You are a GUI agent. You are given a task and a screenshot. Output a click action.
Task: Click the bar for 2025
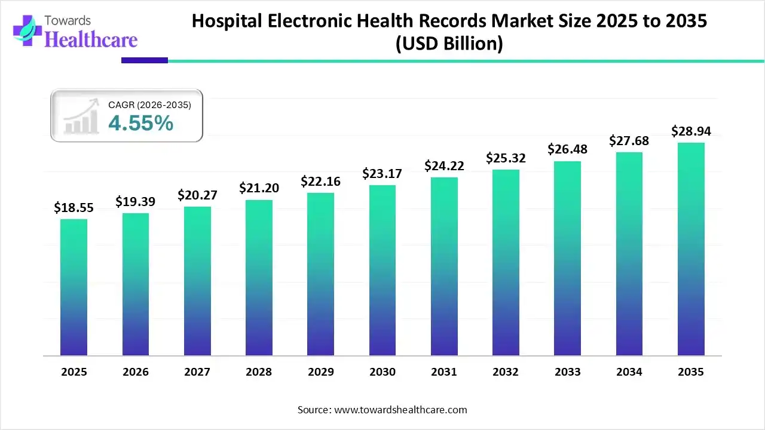click(x=74, y=287)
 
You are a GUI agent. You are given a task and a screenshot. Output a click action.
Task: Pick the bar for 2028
click(x=259, y=278)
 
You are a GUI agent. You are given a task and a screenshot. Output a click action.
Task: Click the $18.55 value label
click(x=74, y=207)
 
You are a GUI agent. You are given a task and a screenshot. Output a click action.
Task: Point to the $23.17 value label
click(x=382, y=174)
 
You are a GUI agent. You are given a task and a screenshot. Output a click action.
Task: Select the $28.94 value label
click(x=691, y=131)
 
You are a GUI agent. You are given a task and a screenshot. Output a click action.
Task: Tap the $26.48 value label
click(x=567, y=149)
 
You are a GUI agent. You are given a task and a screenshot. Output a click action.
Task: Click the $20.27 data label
click(x=197, y=195)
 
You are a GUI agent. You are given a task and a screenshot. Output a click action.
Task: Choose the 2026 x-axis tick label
click(x=135, y=372)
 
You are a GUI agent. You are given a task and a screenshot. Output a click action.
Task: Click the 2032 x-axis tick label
click(x=506, y=372)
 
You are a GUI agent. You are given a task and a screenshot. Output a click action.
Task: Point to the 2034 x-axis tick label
click(x=629, y=372)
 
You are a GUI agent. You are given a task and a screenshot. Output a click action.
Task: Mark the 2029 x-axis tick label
click(x=320, y=372)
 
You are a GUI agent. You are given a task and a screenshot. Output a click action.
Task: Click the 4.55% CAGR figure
click(x=141, y=124)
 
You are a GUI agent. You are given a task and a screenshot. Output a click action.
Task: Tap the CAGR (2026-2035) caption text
click(x=149, y=105)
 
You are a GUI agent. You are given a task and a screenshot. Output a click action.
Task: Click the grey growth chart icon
click(x=81, y=117)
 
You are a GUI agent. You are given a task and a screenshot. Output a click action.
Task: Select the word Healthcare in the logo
click(x=91, y=39)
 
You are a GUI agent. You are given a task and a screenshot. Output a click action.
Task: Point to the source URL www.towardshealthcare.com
click(x=399, y=410)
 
